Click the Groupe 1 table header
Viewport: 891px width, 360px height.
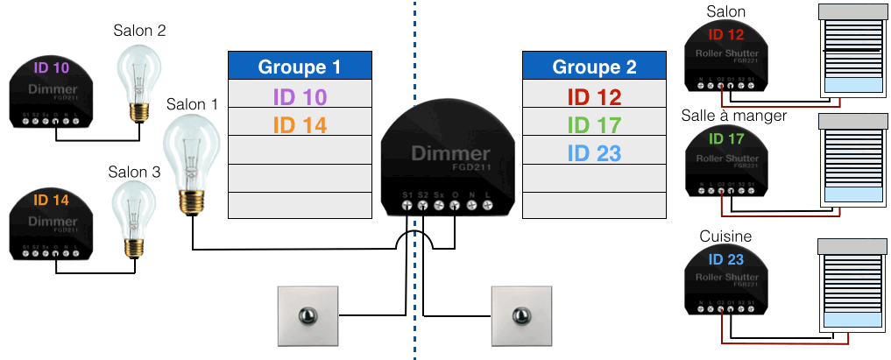tap(300, 67)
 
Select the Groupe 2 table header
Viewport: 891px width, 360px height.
tap(594, 67)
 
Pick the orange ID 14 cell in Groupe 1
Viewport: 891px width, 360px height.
tap(300, 125)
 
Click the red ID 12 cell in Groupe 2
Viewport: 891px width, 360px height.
tap(594, 95)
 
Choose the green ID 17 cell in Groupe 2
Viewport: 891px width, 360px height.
tap(594, 125)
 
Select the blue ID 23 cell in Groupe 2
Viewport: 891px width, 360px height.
tap(594, 153)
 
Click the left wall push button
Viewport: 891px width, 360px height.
tap(306, 316)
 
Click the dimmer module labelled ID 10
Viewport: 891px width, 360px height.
tap(51, 93)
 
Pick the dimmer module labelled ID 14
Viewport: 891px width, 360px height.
tap(51, 227)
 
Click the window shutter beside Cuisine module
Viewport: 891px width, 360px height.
tap(849, 284)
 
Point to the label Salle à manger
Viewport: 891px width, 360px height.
tap(733, 116)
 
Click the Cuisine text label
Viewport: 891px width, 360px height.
tap(725, 236)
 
